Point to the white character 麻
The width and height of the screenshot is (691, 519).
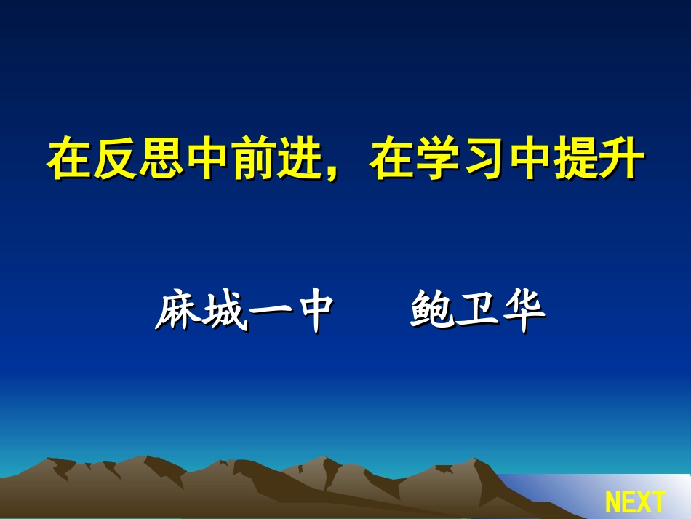[x=177, y=311]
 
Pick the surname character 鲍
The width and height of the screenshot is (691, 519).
[x=433, y=311]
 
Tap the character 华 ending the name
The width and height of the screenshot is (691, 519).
[x=524, y=311]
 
